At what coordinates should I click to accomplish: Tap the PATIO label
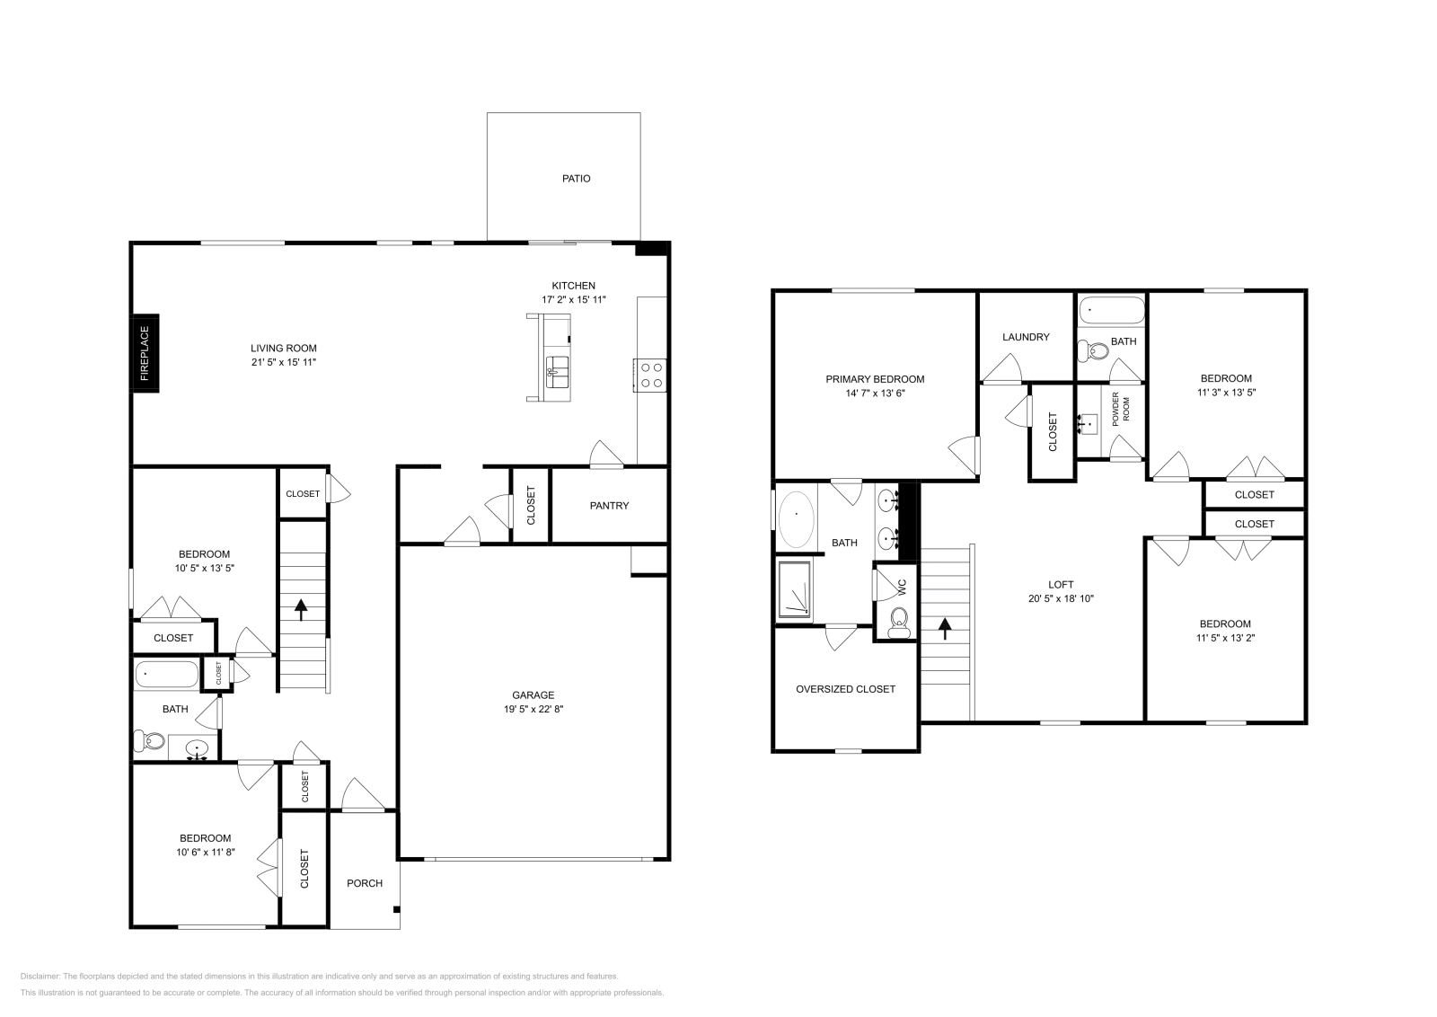[576, 179]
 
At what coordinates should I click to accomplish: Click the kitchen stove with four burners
[650, 375]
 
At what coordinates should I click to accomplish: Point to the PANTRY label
[609, 506]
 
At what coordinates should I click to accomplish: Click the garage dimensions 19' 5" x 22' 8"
[533, 709]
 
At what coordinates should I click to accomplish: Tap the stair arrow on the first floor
[301, 611]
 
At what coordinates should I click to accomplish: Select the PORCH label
[365, 883]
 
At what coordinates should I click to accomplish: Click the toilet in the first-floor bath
[151, 742]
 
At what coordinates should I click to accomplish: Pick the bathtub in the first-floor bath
[167, 674]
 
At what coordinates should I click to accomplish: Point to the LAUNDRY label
[1026, 338]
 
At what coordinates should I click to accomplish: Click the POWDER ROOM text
[1121, 409]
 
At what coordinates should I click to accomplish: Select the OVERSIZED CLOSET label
[845, 689]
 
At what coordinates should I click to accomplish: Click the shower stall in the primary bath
[796, 590]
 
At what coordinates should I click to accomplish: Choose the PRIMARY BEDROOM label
[874, 379]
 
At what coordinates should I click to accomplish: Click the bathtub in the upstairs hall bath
[1112, 310]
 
